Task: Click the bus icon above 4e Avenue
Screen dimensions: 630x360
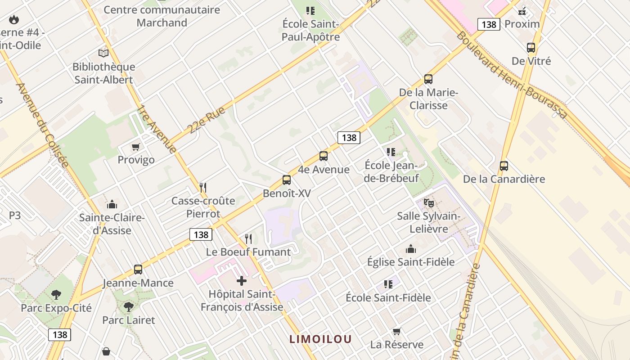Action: (323, 156)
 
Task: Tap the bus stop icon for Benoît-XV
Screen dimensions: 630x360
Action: (287, 180)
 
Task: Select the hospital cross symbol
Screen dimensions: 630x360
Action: (242, 281)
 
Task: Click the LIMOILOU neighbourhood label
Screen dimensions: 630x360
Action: (320, 339)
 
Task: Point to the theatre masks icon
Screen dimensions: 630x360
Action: (428, 203)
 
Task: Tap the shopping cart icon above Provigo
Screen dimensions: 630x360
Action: (135, 147)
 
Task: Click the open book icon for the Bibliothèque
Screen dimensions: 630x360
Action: (103, 54)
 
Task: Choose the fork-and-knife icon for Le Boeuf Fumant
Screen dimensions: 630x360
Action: (248, 238)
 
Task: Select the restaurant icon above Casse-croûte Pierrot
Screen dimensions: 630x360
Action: (203, 187)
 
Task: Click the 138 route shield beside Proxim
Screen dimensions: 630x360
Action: (489, 24)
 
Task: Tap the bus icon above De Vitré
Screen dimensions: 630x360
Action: (531, 48)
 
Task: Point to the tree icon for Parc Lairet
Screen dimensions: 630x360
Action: (129, 307)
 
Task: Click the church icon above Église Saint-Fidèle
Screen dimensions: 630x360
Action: (411, 249)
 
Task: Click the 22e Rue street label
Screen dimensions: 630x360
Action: (207, 120)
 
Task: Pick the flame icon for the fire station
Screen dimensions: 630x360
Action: (14, 19)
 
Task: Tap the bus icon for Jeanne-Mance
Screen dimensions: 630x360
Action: (138, 270)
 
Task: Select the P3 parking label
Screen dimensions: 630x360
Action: (15, 216)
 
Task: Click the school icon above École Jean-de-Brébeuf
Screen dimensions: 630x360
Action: (391, 152)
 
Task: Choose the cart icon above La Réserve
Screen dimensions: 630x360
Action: (396, 331)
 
